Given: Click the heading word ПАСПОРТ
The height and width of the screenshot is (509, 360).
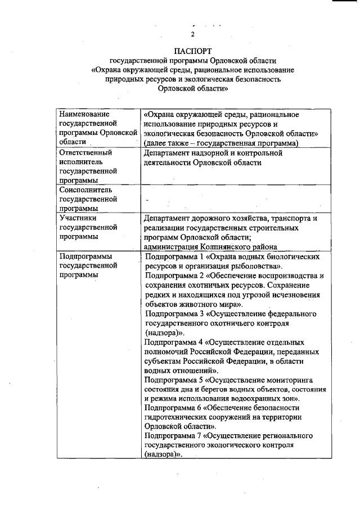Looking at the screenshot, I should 193,51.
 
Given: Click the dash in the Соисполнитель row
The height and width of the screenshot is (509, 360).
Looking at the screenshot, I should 147,200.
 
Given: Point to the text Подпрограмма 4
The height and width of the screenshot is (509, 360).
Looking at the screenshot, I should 173,342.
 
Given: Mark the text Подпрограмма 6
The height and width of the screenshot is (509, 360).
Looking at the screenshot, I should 173,408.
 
